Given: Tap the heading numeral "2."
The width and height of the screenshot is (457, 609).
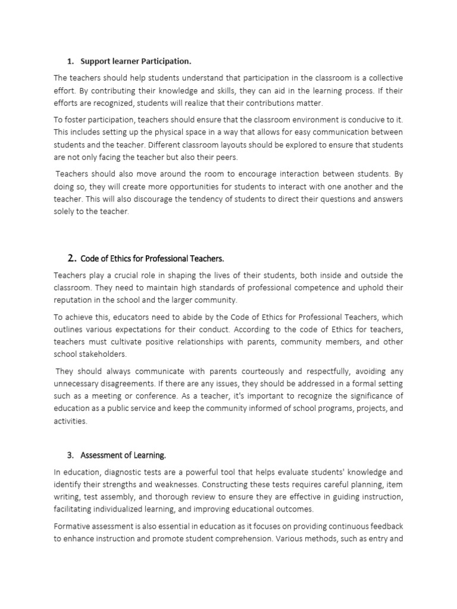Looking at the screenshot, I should tap(72, 258).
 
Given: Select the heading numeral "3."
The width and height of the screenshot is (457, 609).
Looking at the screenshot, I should tap(70, 456).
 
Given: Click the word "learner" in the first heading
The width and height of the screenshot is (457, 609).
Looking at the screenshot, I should tap(121, 61).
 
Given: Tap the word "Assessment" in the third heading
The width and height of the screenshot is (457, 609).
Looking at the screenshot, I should tap(101, 456).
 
